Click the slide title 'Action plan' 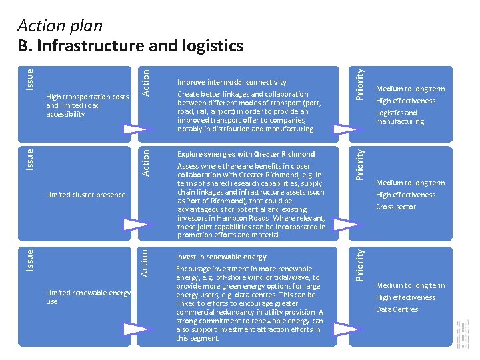click(60, 26)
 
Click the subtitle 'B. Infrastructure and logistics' click(130, 45)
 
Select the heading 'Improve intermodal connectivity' click(231, 82)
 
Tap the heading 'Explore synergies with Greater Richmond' click(245, 154)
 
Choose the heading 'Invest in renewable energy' click(221, 257)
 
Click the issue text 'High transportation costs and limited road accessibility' click(87, 105)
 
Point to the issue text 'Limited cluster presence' click(85, 195)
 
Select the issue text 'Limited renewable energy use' click(88, 297)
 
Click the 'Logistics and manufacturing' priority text click(400, 117)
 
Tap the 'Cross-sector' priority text click(395, 207)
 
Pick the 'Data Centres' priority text click(397, 309)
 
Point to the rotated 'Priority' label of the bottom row click(359, 265)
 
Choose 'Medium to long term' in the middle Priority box click(410, 183)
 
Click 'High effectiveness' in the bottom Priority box click(405, 297)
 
